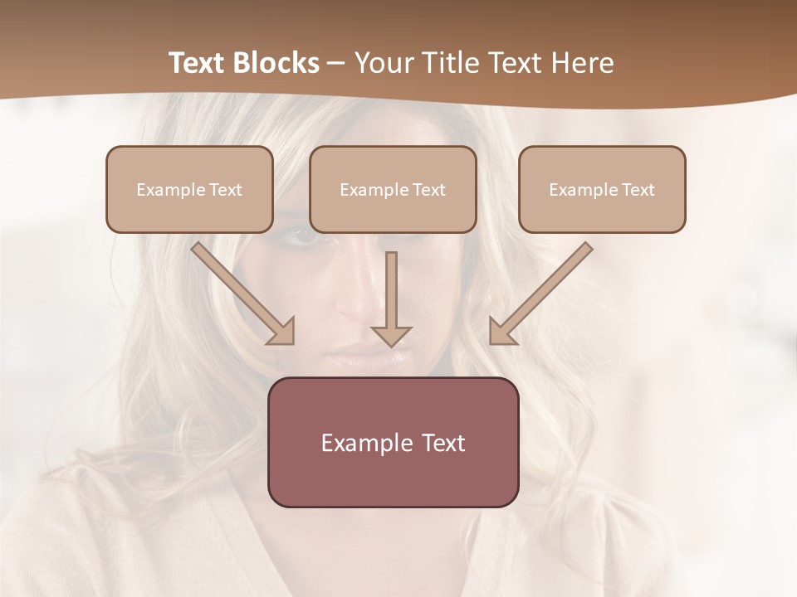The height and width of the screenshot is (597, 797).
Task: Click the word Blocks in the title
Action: point(276,63)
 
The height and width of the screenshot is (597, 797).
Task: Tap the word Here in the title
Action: point(582,63)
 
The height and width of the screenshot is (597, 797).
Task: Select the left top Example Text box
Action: point(189,190)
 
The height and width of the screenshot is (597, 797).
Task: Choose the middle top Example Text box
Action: point(393,190)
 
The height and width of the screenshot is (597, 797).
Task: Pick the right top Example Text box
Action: point(602,190)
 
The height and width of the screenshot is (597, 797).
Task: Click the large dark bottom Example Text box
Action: point(393,442)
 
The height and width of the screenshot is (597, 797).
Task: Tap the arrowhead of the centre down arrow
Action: point(391,335)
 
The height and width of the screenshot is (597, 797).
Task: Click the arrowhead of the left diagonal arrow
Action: point(282,332)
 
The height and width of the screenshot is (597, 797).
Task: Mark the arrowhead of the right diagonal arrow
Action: point(501,331)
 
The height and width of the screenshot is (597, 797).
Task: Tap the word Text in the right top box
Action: point(638,190)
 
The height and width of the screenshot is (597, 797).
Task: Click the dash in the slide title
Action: point(336,63)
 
